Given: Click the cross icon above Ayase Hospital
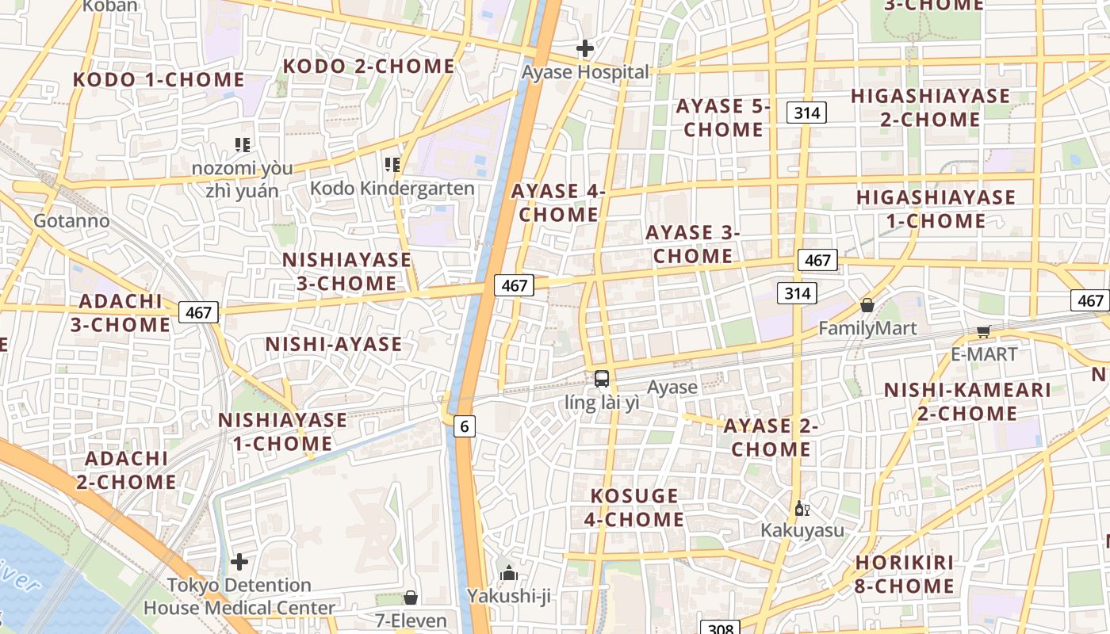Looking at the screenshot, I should (585, 48).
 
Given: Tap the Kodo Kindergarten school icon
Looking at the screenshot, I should (392, 165).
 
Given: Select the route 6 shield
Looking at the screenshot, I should (465, 426).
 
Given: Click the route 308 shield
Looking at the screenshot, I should (720, 628).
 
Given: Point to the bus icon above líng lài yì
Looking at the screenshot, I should (602, 378).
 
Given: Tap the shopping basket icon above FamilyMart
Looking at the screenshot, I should (867, 305).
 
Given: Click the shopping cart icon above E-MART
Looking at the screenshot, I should (983, 331).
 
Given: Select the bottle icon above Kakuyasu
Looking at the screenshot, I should (802, 508).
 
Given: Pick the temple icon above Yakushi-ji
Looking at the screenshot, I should (508, 572).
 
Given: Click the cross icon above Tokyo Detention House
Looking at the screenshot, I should (239, 562).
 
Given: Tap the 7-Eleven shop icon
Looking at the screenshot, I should (411, 598).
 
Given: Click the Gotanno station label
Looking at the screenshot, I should (71, 220).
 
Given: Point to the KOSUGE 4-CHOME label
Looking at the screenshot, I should (634, 508).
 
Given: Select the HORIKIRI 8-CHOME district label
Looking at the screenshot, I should (904, 575).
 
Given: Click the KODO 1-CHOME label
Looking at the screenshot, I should (159, 79).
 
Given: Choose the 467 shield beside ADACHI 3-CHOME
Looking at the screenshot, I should (198, 312).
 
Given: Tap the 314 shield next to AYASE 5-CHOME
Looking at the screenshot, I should (806, 113).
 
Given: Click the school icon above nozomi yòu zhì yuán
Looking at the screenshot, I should (243, 144).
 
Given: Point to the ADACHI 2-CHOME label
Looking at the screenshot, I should (126, 470).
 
